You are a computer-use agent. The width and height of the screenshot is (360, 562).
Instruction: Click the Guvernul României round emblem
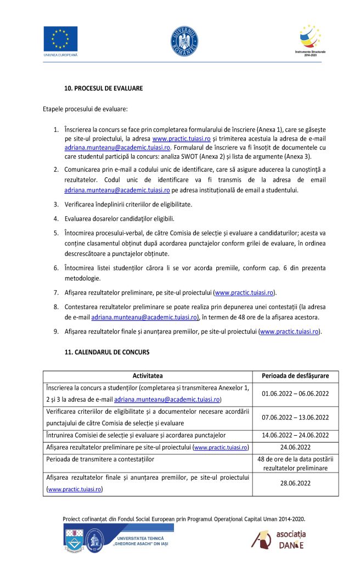click(184, 40)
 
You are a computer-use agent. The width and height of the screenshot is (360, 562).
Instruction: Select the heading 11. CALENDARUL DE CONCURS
click(107, 351)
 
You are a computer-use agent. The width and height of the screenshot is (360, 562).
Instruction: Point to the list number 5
click(56, 233)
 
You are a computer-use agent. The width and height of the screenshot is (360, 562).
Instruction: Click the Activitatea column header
click(148, 376)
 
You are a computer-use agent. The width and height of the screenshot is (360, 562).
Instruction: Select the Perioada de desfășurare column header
click(296, 376)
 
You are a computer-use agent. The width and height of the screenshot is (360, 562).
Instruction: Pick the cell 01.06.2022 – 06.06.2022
click(296, 394)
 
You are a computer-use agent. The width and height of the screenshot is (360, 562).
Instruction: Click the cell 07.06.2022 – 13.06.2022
click(296, 417)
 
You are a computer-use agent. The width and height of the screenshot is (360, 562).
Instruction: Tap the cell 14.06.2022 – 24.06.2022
click(296, 435)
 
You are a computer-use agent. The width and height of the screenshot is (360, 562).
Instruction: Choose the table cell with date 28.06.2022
click(296, 484)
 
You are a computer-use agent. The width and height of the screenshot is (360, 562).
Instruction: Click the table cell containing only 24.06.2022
click(296, 447)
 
